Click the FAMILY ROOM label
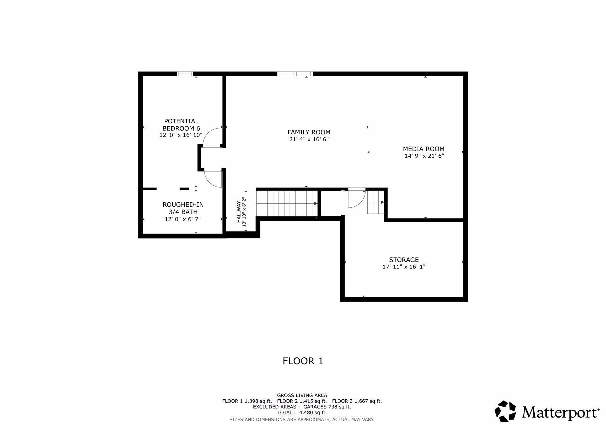click(309, 132)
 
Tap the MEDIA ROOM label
click(424, 149)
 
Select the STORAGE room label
click(404, 260)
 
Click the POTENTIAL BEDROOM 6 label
click(181, 125)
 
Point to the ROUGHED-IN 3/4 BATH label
click(183, 208)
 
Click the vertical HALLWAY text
click(239, 212)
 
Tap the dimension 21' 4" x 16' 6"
click(309, 139)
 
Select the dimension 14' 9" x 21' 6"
click(424, 156)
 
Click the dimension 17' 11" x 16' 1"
click(404, 267)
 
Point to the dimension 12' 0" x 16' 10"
click(181, 135)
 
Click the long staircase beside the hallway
click(286, 204)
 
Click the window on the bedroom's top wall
click(185, 74)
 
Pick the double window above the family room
click(295, 74)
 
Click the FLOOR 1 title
click(303, 361)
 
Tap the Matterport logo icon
click(505, 411)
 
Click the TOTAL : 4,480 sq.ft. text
click(302, 413)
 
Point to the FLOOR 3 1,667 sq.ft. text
click(357, 401)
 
